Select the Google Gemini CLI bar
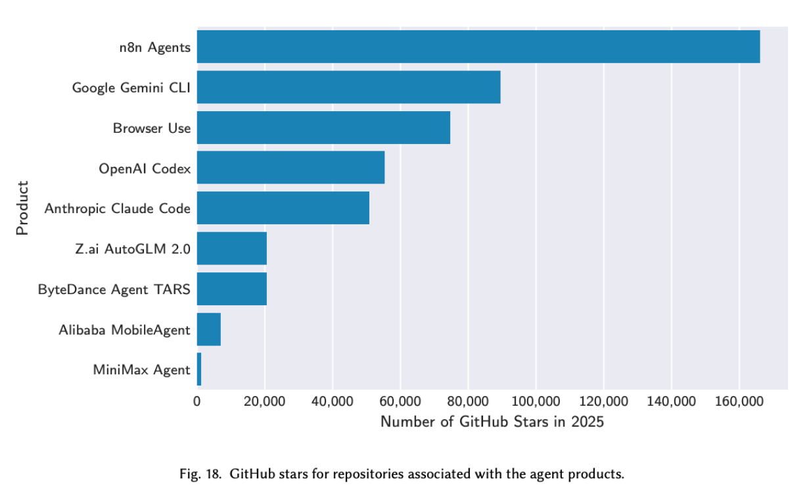pos(348,87)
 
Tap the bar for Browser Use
pos(323,128)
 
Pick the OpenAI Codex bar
pos(290,168)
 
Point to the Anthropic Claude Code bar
pos(283,208)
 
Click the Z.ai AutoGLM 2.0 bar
pos(231,249)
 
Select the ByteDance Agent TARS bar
pos(231,289)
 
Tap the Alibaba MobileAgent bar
pos(208,330)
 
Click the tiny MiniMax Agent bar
pos(199,370)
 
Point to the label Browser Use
pos(152,128)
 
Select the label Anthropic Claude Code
pos(117,209)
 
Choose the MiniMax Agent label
pos(141,370)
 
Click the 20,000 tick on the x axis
pos(265,401)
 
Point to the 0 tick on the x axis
pos(197,401)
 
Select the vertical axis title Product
pos(23,208)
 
